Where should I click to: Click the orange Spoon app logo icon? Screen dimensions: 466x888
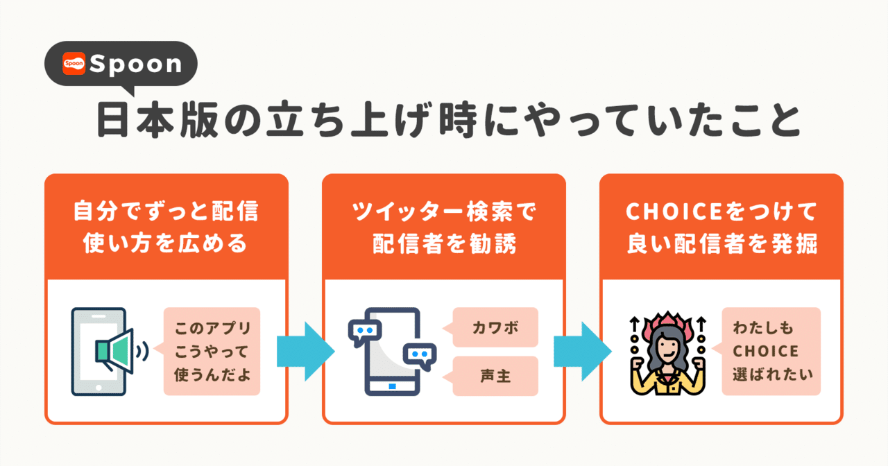(x=74, y=64)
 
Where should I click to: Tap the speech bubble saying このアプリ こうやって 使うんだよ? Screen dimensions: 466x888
(x=212, y=352)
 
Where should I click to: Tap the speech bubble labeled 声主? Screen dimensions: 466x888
(x=495, y=376)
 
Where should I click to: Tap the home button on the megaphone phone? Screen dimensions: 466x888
(x=99, y=386)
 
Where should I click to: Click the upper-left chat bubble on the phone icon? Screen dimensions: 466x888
(x=365, y=332)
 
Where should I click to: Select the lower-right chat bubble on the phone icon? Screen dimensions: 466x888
(x=419, y=356)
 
